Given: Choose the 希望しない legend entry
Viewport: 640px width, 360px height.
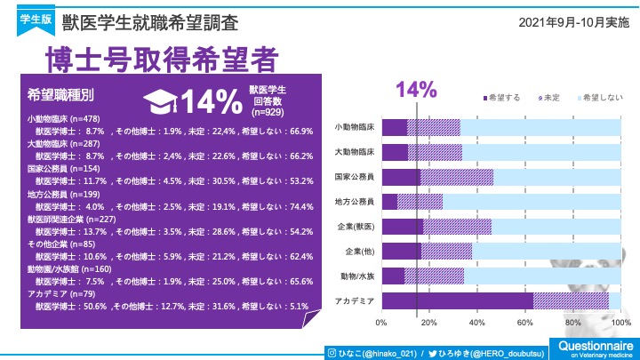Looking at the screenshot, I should (x=599, y=96).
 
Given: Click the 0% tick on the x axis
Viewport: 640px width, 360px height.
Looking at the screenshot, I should (x=382, y=323).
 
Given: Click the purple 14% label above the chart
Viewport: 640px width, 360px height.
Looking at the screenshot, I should (x=416, y=89).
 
